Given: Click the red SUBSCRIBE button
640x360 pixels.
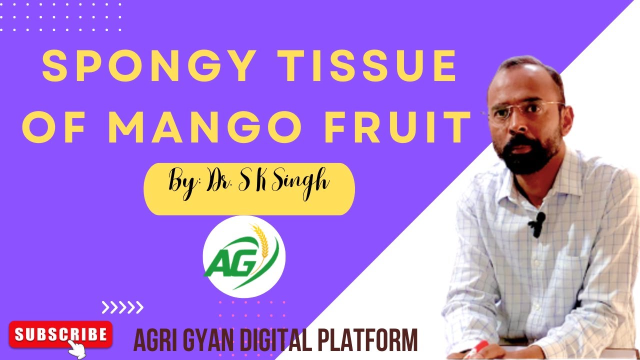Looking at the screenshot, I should tap(60, 334).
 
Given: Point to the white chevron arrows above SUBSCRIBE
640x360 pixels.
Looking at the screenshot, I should tap(122, 306).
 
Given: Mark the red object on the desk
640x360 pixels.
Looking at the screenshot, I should tap(479, 346).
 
